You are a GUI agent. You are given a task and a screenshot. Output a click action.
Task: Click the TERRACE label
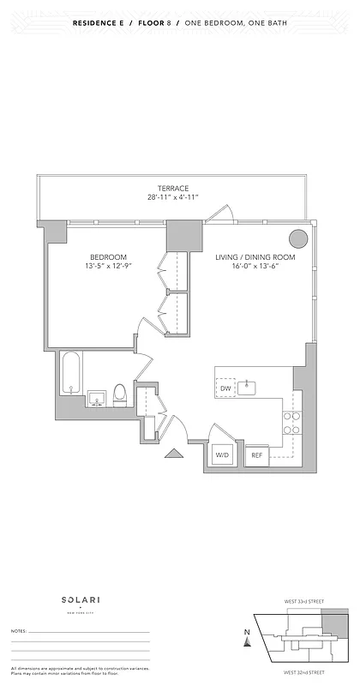click(172, 189)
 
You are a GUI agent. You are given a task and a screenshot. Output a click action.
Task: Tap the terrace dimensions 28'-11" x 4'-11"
click(172, 198)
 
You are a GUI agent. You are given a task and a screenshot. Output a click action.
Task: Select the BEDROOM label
click(109, 257)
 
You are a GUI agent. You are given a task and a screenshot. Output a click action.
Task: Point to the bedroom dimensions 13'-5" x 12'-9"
click(109, 267)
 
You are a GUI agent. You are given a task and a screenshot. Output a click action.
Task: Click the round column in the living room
click(297, 238)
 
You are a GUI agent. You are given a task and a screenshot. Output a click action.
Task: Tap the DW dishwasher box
click(225, 388)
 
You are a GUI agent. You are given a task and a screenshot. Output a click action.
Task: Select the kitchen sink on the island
click(249, 388)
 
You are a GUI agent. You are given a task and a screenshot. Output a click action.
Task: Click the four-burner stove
click(291, 421)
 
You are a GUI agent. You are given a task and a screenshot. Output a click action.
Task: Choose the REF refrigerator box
click(255, 456)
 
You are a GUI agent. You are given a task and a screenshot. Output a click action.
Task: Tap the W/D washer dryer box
click(222, 455)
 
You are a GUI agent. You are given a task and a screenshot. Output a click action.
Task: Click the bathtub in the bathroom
click(69, 375)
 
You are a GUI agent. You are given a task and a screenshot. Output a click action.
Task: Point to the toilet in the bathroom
click(120, 395)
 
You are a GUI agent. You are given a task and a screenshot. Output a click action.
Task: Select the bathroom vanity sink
click(95, 399)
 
